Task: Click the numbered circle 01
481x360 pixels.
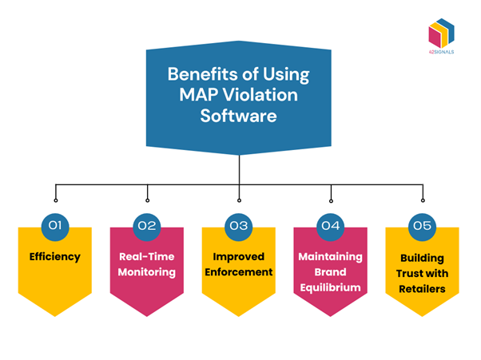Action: pyautogui.click(x=55, y=225)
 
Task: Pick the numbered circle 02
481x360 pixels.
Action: pyautogui.click(x=148, y=225)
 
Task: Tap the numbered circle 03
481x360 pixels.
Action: pyautogui.click(x=240, y=225)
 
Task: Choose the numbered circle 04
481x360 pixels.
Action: pyautogui.click(x=332, y=225)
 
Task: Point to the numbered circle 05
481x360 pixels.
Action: pyautogui.click(x=423, y=225)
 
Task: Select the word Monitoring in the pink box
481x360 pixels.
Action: pyautogui.click(x=148, y=271)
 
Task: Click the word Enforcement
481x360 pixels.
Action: pyautogui.click(x=240, y=271)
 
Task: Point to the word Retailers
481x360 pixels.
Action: pyautogui.click(x=423, y=288)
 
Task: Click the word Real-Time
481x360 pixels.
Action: pyautogui.click(x=148, y=256)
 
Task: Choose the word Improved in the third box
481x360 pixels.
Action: pyautogui.click(x=240, y=256)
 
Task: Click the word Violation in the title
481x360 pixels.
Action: pyautogui.click(x=256, y=94)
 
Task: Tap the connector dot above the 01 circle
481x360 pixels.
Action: pyautogui.click(x=55, y=199)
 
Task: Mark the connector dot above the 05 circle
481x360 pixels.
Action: pyautogui.click(x=423, y=199)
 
